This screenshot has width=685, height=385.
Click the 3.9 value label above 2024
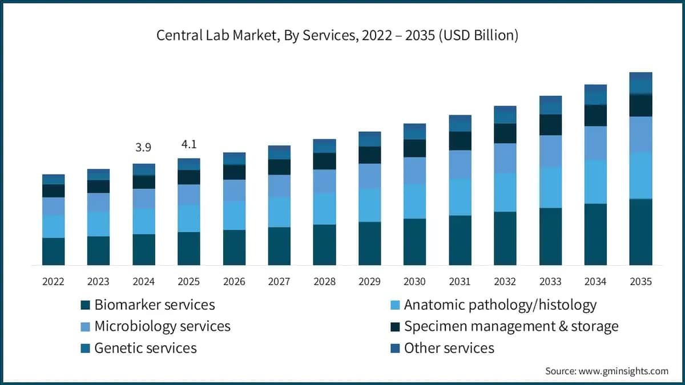click(x=143, y=148)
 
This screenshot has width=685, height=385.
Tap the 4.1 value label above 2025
click(x=189, y=144)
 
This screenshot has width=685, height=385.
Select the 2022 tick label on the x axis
click(x=53, y=281)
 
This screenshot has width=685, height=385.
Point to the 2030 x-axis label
click(x=414, y=281)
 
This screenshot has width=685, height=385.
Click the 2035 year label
click(x=640, y=281)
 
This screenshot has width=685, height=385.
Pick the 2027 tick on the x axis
click(x=279, y=281)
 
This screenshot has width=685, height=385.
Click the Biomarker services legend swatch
click(x=85, y=305)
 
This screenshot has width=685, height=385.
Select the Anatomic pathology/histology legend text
click(x=500, y=305)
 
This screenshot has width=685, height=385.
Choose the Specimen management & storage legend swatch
click(x=395, y=327)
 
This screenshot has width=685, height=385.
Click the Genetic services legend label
click(x=146, y=348)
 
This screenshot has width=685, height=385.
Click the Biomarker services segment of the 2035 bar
click(x=640, y=232)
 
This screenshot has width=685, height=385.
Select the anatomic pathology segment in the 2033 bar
click(x=550, y=187)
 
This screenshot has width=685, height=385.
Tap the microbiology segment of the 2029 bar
click(x=370, y=176)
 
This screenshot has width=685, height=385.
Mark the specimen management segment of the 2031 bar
click(x=460, y=141)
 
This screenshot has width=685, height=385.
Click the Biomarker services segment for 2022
click(x=53, y=252)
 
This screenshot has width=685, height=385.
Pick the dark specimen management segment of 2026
click(x=234, y=172)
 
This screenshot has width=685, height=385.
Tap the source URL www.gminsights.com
click(x=623, y=371)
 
